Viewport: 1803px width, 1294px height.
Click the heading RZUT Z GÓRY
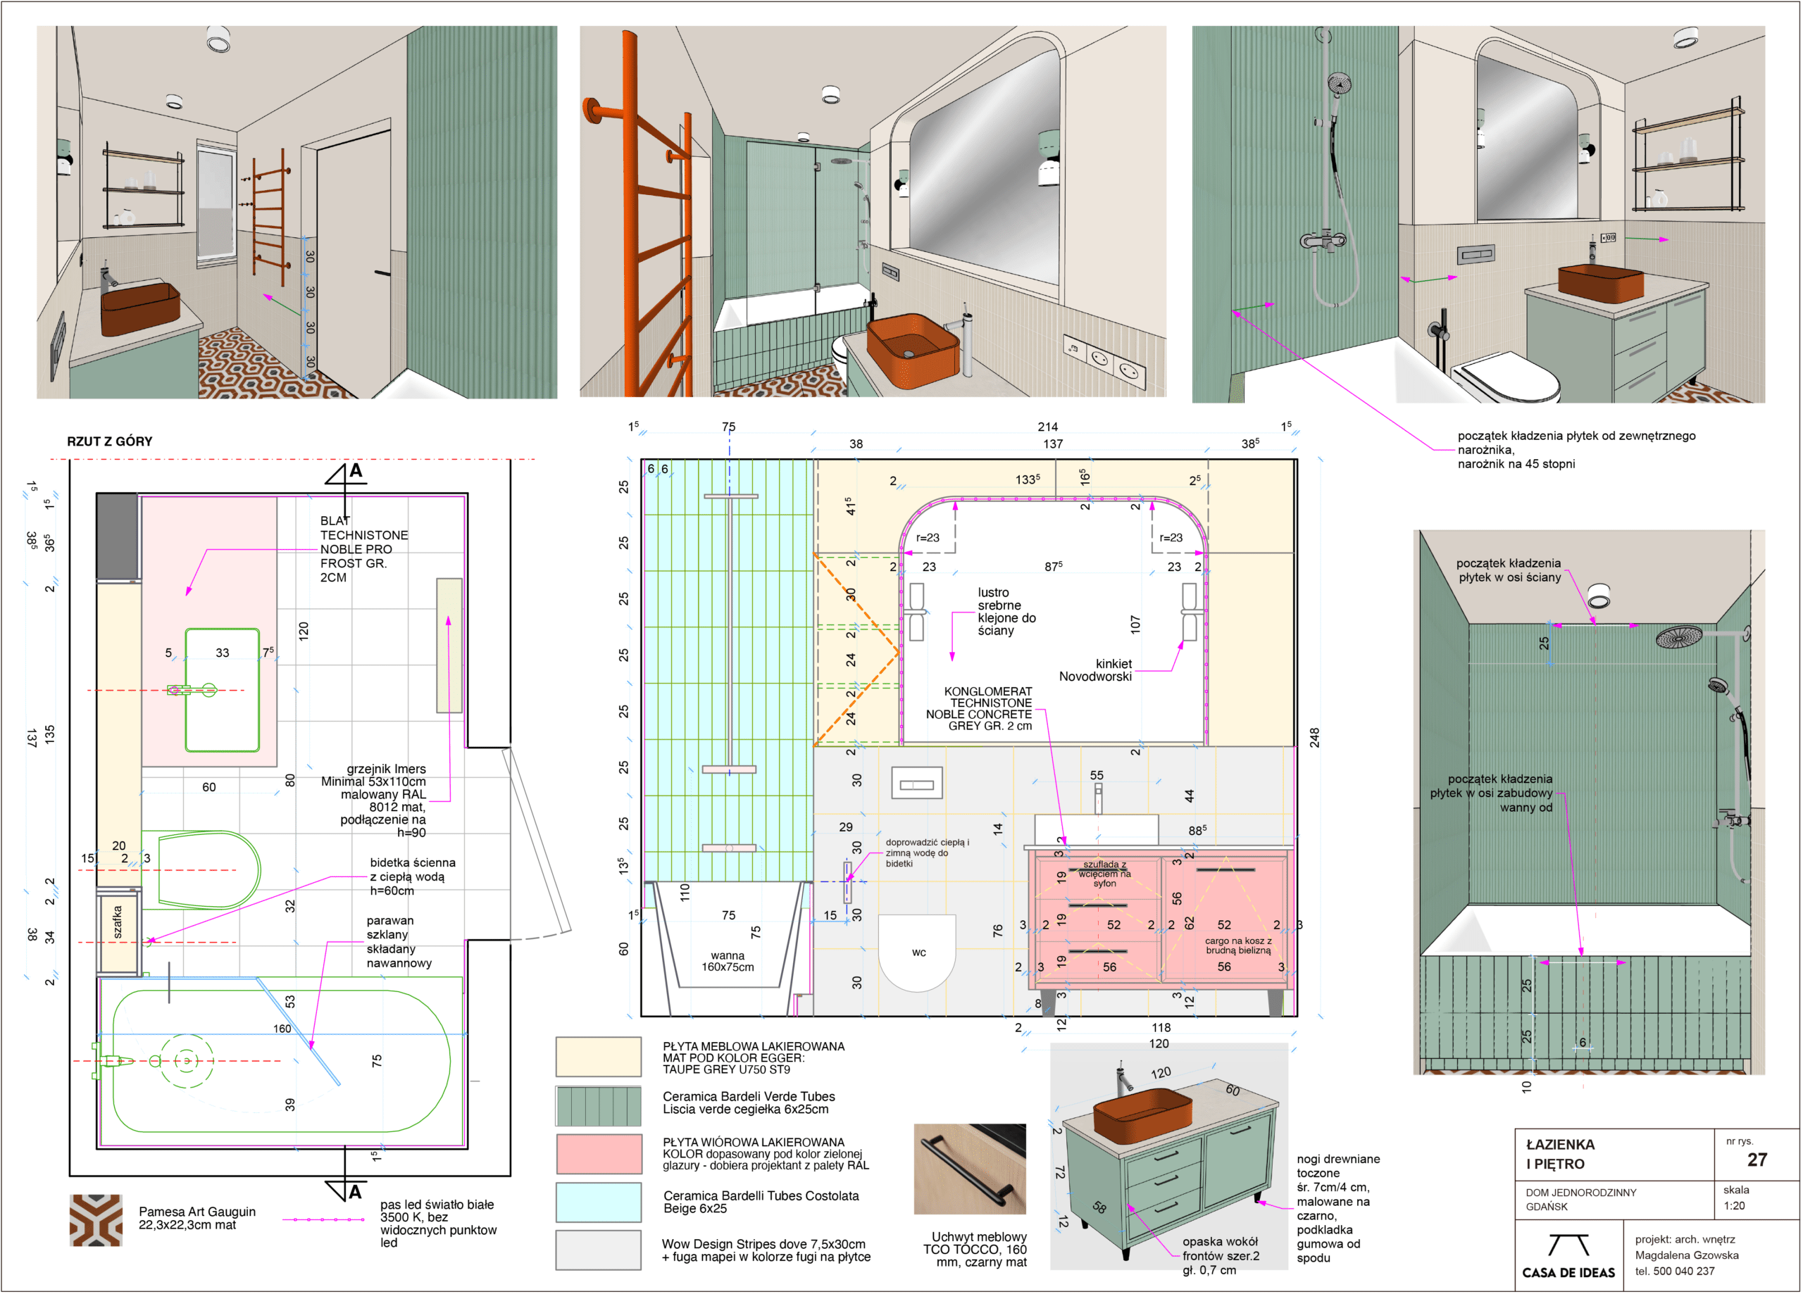pos(110,441)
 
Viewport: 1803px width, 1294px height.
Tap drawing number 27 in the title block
pos(1757,1160)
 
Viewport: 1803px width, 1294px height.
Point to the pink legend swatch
pos(599,1154)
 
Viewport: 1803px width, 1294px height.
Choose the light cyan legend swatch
pos(599,1202)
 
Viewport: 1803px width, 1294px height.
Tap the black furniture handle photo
pos(970,1169)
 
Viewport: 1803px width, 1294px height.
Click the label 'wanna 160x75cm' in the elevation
pos(728,961)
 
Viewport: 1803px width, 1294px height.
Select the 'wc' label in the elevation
pos(919,953)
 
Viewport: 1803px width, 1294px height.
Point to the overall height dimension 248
pos(1315,737)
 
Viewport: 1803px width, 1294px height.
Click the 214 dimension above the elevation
pos(1048,427)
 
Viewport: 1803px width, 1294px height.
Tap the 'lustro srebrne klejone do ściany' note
pos(1006,611)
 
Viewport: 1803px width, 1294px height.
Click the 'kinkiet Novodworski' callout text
pos(1095,670)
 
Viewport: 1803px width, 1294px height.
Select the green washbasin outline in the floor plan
pos(223,690)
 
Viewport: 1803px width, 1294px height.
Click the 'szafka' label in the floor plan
pos(118,922)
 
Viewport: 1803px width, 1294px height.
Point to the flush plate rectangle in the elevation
pos(916,784)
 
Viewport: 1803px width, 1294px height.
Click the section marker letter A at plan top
pos(356,470)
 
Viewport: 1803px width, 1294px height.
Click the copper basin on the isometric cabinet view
pos(1142,1114)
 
